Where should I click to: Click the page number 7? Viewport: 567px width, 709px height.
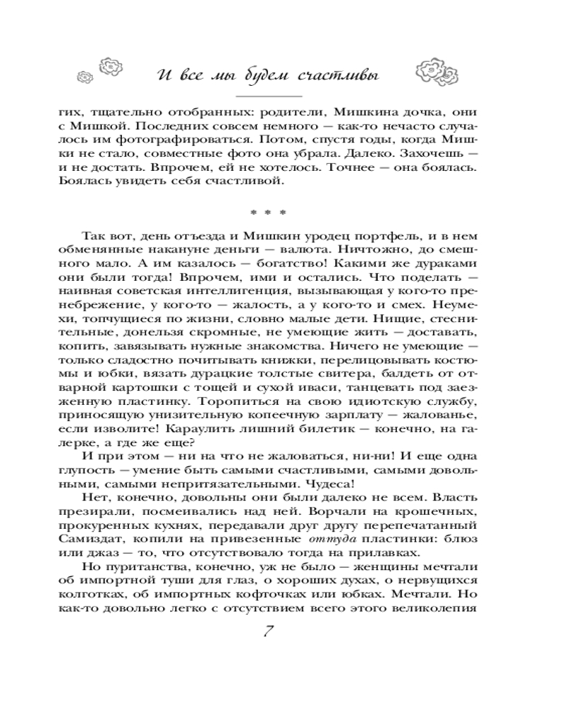pyautogui.click(x=269, y=632)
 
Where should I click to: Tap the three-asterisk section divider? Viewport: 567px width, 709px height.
pyautogui.click(x=268, y=211)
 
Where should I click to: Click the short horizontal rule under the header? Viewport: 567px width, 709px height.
pyautogui.click(x=269, y=95)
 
